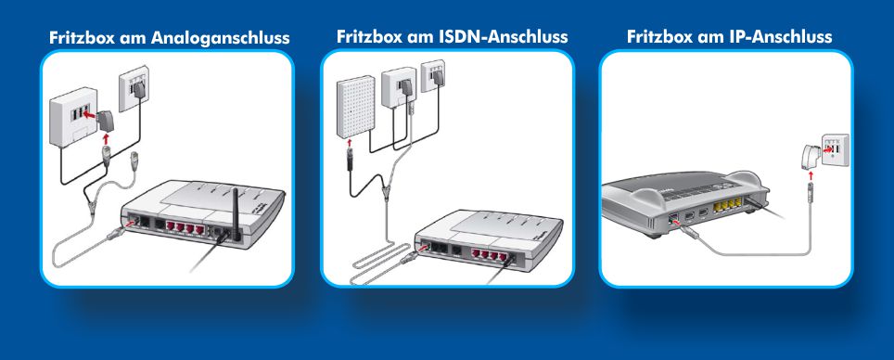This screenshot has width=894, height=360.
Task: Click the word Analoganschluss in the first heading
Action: [x=220, y=38]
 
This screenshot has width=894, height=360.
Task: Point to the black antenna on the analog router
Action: [x=235, y=212]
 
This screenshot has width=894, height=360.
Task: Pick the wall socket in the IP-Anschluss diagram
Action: [x=835, y=150]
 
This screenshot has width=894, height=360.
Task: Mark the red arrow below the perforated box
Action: [x=350, y=143]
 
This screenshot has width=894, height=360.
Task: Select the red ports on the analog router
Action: [x=185, y=227]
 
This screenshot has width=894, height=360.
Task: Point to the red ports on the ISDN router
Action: [x=489, y=254]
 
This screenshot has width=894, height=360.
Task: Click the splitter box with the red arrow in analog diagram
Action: [x=72, y=116]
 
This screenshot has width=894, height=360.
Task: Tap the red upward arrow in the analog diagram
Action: [x=105, y=138]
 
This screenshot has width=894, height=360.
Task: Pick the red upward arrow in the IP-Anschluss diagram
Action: [x=811, y=175]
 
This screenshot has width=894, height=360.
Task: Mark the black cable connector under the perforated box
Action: [x=350, y=158]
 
